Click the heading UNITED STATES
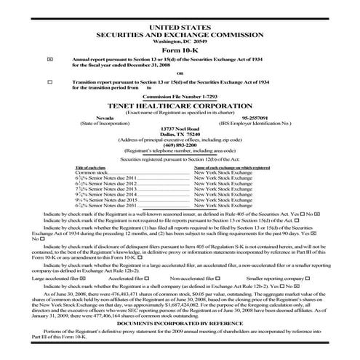click(180, 27)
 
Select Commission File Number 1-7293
click(180, 97)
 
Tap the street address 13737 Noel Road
click(180, 128)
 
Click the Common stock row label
click(92, 172)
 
